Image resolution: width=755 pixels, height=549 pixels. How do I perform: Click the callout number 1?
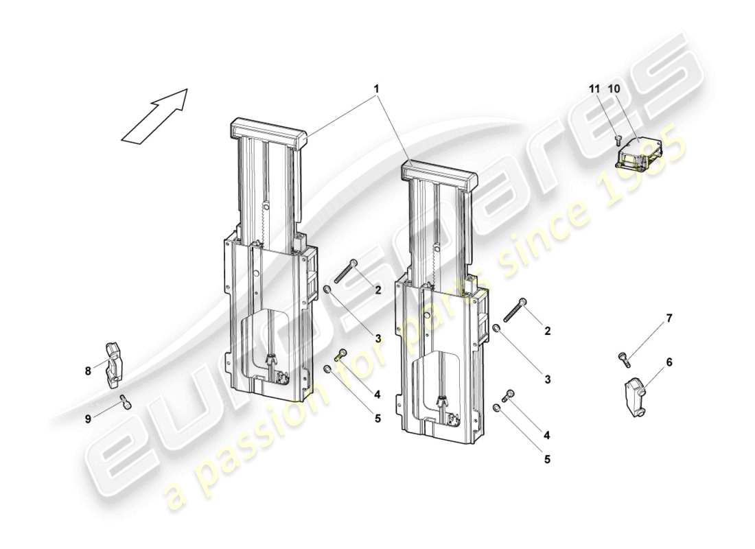point(376,89)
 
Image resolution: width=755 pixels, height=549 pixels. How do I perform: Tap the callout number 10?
point(613,89)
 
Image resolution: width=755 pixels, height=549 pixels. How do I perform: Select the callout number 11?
point(594,89)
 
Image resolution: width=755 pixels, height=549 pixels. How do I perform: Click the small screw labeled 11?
point(617,139)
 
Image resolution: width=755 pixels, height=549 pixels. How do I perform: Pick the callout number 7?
point(669,318)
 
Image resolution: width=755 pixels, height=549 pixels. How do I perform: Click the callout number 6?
point(669,362)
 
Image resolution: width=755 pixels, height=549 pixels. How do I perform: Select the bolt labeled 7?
point(622,356)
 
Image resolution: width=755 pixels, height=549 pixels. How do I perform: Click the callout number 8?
point(88,371)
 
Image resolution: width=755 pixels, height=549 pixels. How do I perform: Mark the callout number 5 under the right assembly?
point(547,459)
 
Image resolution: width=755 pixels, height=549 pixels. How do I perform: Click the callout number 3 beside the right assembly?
point(547,379)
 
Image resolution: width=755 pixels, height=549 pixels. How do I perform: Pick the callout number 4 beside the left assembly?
point(376,394)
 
